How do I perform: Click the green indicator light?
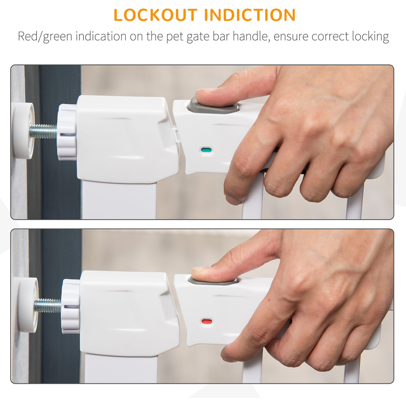206,150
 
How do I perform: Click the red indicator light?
207,322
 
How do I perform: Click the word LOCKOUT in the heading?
155,15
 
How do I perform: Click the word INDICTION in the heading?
250,15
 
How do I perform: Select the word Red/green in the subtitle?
45,36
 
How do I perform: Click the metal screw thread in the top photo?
43,131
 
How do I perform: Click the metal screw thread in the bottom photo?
48,306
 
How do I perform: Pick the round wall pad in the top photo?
24,130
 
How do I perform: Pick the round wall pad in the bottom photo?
28,305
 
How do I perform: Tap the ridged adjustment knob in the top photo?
67,132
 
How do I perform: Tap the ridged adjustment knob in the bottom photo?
70,306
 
